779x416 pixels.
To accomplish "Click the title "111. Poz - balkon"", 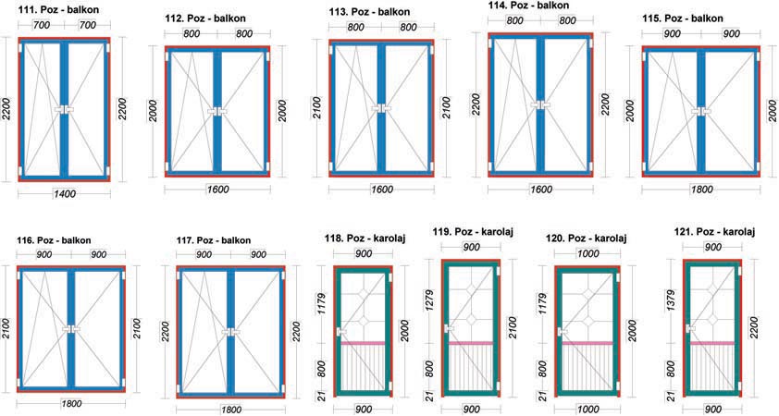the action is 57,9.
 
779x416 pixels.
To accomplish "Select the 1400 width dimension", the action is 64,193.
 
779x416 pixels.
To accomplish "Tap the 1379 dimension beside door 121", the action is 670,300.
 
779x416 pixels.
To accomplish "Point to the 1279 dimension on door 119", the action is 429,300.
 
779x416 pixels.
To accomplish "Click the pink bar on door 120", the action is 587,343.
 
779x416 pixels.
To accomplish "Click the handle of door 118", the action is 341,332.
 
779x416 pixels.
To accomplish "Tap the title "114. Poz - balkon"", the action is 528,5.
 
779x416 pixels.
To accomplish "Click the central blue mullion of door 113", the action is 381,108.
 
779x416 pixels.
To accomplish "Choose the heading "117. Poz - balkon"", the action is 214,240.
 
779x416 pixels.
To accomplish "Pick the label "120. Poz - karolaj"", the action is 587,239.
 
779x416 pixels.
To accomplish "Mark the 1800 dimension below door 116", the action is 70,404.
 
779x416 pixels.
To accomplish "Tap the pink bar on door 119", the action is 471,343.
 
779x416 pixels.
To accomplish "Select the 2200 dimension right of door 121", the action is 754,327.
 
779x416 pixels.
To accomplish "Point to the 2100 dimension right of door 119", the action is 513,327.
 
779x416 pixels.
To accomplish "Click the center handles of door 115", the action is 701,111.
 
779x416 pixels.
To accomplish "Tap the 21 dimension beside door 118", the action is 322,397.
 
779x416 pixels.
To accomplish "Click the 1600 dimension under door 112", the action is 217,190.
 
